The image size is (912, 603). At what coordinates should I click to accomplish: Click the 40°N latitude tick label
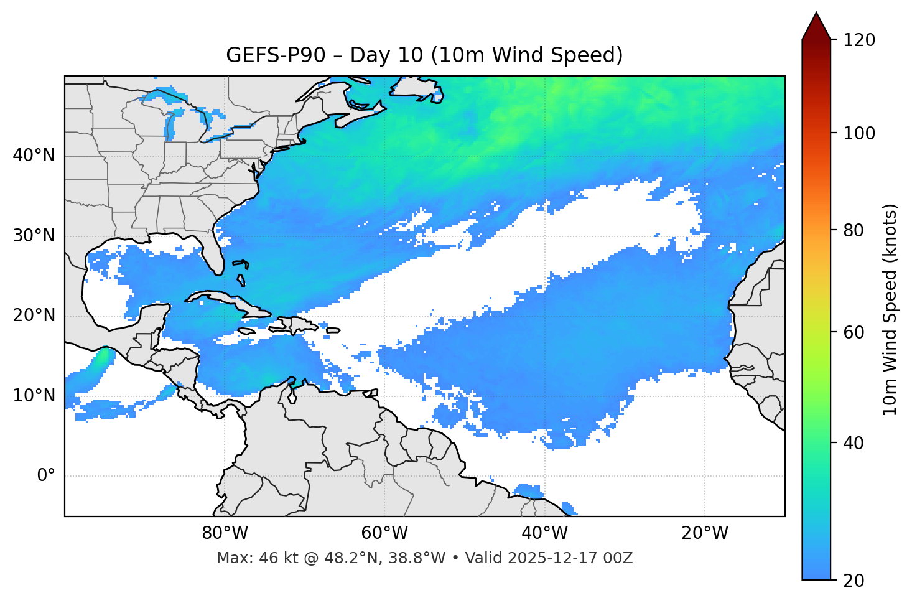34,156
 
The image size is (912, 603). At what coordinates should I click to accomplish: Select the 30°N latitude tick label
34,236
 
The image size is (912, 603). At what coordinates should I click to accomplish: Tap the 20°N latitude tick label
34,316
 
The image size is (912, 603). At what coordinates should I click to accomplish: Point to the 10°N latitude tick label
34,396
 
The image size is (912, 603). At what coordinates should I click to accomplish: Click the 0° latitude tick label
45,476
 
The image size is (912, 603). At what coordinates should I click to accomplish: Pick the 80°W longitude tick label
225,533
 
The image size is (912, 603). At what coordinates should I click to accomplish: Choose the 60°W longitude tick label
384,533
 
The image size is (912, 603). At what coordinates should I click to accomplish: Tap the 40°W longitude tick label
544,533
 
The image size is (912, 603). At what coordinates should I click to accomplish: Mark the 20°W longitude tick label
704,533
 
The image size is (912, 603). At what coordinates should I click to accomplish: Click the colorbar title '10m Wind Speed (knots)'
890,309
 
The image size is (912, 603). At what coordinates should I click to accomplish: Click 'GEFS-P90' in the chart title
276,55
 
